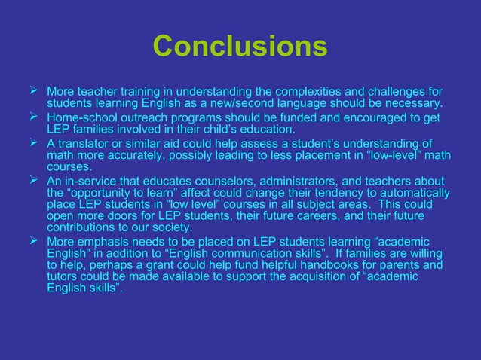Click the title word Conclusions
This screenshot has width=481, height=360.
click(x=240, y=47)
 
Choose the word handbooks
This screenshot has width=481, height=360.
click(x=325, y=266)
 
